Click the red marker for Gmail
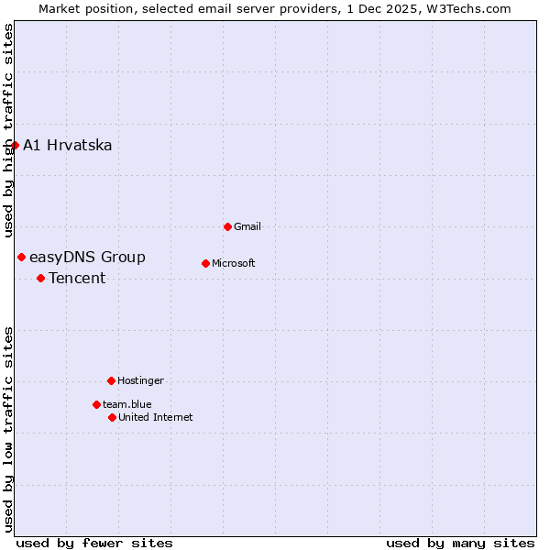tap(227, 226)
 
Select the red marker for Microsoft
tap(205, 263)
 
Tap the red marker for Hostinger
tap(111, 380)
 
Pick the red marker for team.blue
tap(96, 404)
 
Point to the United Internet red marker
tap(112, 417)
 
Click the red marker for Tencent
tap(40, 278)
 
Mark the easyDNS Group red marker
tap(21, 257)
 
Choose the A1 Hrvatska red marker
tap(15, 145)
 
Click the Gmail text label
tap(247, 226)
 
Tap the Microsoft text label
tap(233, 264)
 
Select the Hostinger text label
tap(140, 380)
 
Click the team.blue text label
tap(127, 404)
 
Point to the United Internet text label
tap(155, 417)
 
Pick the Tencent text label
tap(77, 279)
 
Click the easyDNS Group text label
tap(87, 258)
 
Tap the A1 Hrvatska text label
tap(67, 146)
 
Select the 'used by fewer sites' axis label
tap(94, 543)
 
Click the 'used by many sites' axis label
tap(460, 543)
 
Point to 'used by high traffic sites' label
tap(8, 130)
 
